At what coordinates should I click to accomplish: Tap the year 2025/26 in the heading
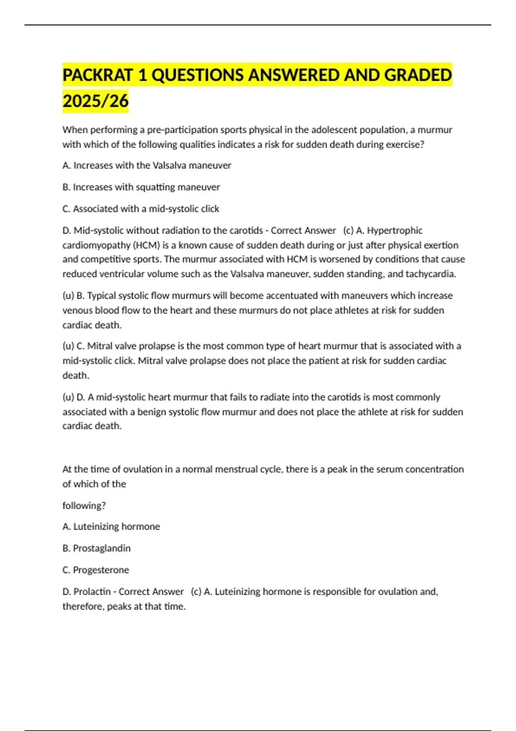click(x=95, y=101)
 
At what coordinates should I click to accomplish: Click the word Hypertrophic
click(x=395, y=230)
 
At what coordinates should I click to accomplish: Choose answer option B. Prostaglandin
click(x=97, y=548)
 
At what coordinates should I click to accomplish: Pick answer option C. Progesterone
click(x=96, y=570)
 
